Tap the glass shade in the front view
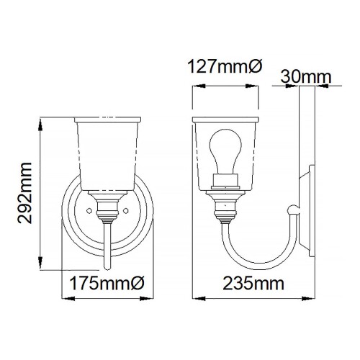pyautogui.click(x=107, y=151)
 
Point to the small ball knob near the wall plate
pyautogui.click(x=291, y=210)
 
